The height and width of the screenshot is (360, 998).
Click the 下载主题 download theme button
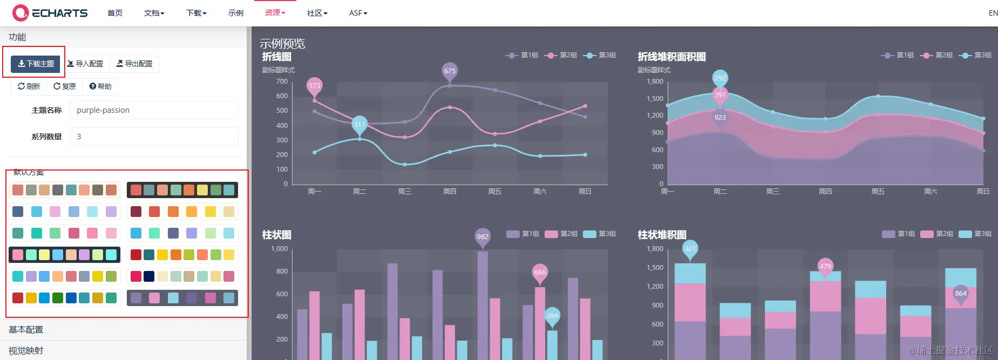pyautogui.click(x=36, y=64)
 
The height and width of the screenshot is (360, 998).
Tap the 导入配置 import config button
pyautogui.click(x=85, y=64)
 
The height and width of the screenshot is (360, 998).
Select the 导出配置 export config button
pyautogui.click(x=134, y=64)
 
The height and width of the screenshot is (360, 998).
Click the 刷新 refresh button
pyautogui.click(x=29, y=86)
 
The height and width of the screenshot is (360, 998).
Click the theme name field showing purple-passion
pyautogui.click(x=154, y=110)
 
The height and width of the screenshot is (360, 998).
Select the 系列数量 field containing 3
pyautogui.click(x=154, y=137)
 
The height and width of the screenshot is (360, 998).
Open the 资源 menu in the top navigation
pyautogui.click(x=275, y=12)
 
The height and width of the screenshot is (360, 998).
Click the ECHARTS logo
pyautogui.click(x=50, y=12)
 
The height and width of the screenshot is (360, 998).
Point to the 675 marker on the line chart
pyautogui.click(x=450, y=71)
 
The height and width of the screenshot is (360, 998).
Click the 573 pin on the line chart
pyautogui.click(x=314, y=85)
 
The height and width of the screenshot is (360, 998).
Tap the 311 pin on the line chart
pyautogui.click(x=359, y=124)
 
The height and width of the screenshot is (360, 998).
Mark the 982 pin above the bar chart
pyautogui.click(x=483, y=236)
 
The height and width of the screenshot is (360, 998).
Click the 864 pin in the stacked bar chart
pyautogui.click(x=960, y=294)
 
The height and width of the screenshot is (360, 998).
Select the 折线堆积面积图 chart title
pyautogui.click(x=671, y=57)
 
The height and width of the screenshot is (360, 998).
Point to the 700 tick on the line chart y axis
pyautogui.click(x=282, y=81)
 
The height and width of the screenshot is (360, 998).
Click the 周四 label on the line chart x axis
pyautogui.click(x=450, y=192)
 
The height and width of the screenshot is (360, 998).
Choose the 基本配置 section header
pyautogui.click(x=26, y=329)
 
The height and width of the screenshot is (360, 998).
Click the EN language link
pyautogui.click(x=993, y=13)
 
